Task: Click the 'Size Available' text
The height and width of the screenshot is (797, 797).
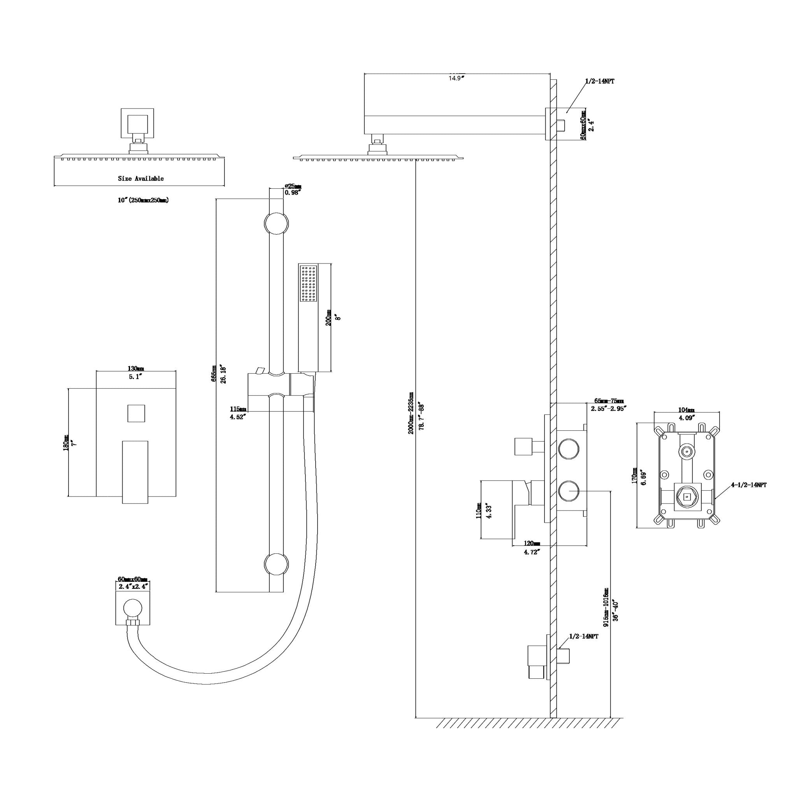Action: (140, 179)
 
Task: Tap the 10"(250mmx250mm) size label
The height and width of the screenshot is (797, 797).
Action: (143, 200)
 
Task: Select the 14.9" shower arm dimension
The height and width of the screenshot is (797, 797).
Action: (456, 78)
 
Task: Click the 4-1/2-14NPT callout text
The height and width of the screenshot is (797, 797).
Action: (749, 485)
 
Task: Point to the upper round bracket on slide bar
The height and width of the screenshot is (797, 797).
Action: (276, 224)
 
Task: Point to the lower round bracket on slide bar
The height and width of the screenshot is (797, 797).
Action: (276, 564)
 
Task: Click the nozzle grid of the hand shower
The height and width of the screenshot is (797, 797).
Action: (309, 283)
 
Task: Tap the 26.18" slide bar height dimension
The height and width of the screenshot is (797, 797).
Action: (223, 374)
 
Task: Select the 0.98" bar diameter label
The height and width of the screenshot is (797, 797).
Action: (293, 193)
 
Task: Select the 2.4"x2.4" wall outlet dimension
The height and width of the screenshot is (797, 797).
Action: (133, 586)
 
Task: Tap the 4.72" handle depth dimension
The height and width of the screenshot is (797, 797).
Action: (532, 552)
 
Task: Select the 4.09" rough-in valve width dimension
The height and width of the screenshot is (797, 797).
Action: (687, 417)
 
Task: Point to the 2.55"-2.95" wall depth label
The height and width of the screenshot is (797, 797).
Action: (609, 408)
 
